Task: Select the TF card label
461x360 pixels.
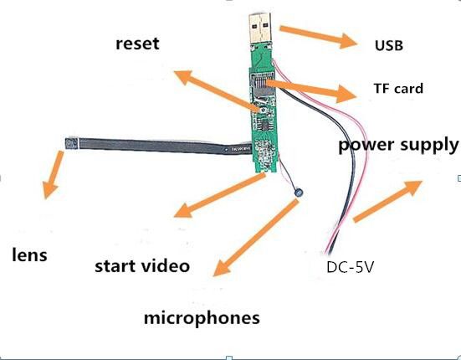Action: coord(397,89)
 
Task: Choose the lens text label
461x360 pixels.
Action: coord(29,255)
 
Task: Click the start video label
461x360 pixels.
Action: coord(141,267)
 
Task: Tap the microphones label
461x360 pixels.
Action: coord(202,318)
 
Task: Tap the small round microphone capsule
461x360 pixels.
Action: coord(298,194)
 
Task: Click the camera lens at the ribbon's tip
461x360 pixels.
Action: coord(73,142)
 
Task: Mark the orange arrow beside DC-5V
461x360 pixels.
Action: coord(387,201)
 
